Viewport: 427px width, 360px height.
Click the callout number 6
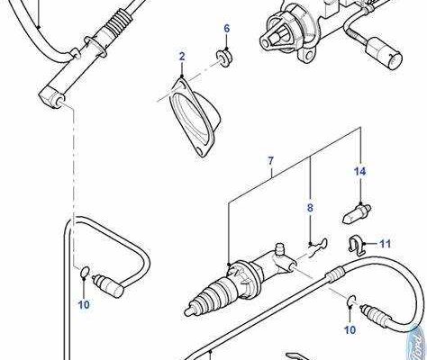click(227, 29)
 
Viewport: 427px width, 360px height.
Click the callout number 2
click(182, 57)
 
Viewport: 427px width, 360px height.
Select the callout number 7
click(271, 161)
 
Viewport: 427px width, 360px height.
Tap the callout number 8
click(310, 208)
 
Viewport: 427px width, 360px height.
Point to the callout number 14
click(360, 172)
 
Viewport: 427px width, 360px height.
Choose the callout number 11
click(386, 244)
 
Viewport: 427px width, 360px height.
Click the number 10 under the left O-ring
click(84, 304)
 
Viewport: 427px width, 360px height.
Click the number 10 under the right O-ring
click(350, 330)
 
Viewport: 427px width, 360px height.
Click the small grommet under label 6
click(224, 58)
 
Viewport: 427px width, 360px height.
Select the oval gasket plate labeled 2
click(195, 117)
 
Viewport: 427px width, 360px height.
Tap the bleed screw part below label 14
click(357, 213)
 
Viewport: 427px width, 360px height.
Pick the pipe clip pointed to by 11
click(357, 245)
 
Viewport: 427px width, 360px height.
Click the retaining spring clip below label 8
click(317, 246)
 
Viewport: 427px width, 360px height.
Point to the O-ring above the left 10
click(85, 272)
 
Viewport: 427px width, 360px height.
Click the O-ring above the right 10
click(351, 301)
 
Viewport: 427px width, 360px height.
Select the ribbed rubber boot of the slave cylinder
click(210, 295)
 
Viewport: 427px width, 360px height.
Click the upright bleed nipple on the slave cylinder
click(280, 250)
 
